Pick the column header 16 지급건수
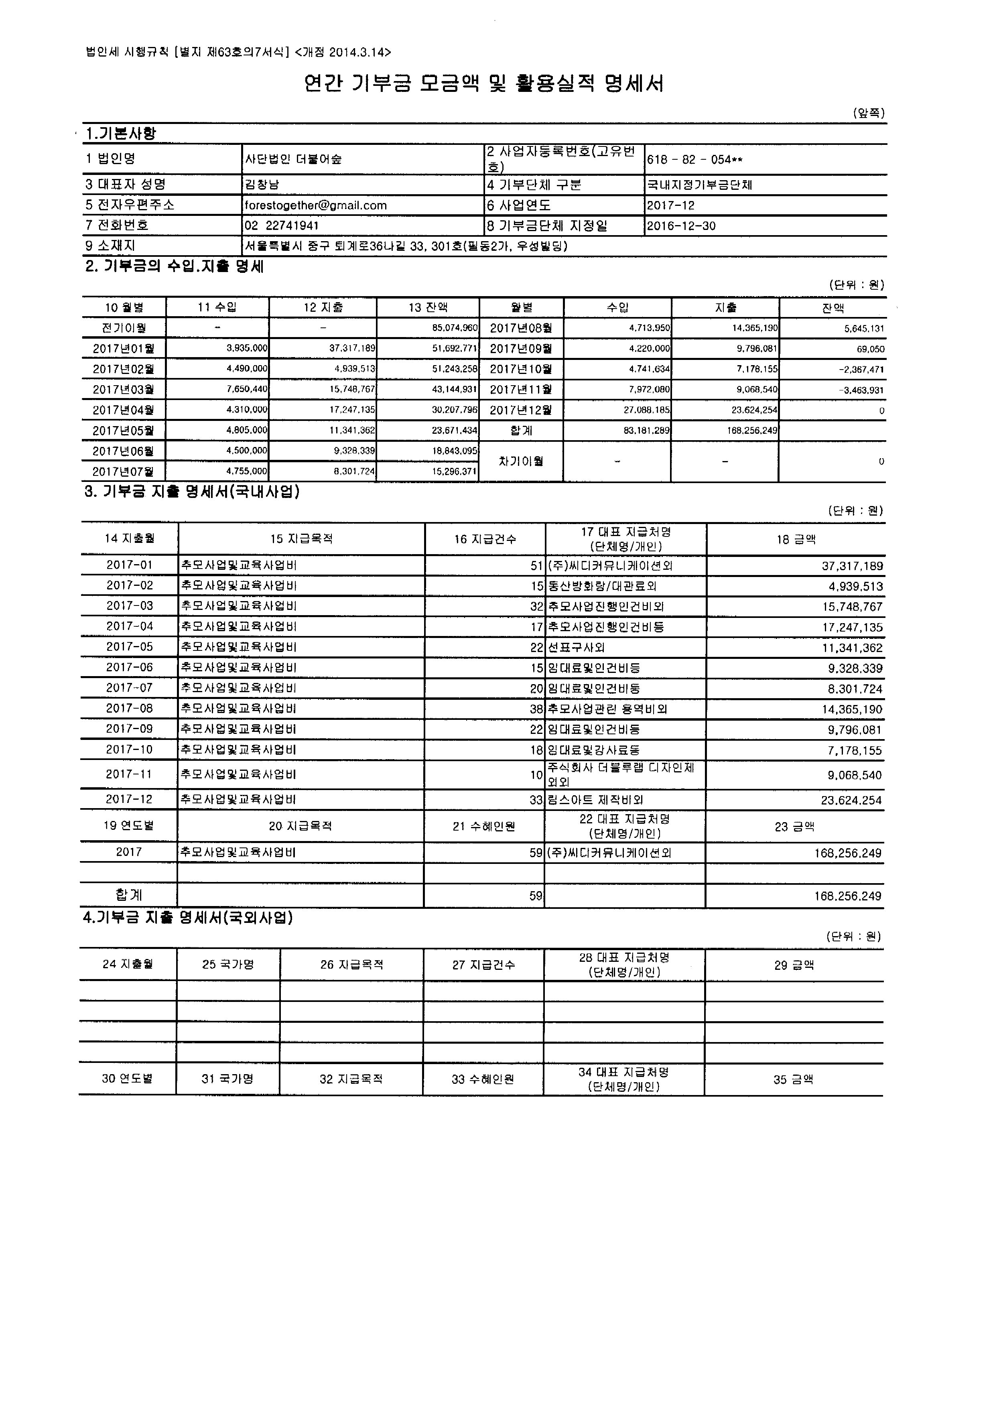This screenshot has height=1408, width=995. click(485, 539)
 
